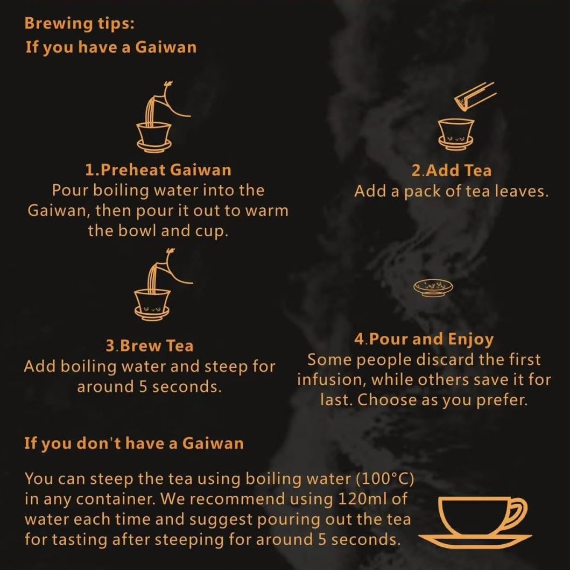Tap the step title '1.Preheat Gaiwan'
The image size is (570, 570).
[x=158, y=170]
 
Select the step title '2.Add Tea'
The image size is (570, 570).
[x=451, y=171]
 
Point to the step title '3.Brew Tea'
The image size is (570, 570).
[x=150, y=346]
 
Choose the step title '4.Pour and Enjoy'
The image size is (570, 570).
[x=424, y=339]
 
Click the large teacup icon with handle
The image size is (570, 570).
[x=474, y=519]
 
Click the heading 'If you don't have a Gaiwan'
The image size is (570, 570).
[x=134, y=444]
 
